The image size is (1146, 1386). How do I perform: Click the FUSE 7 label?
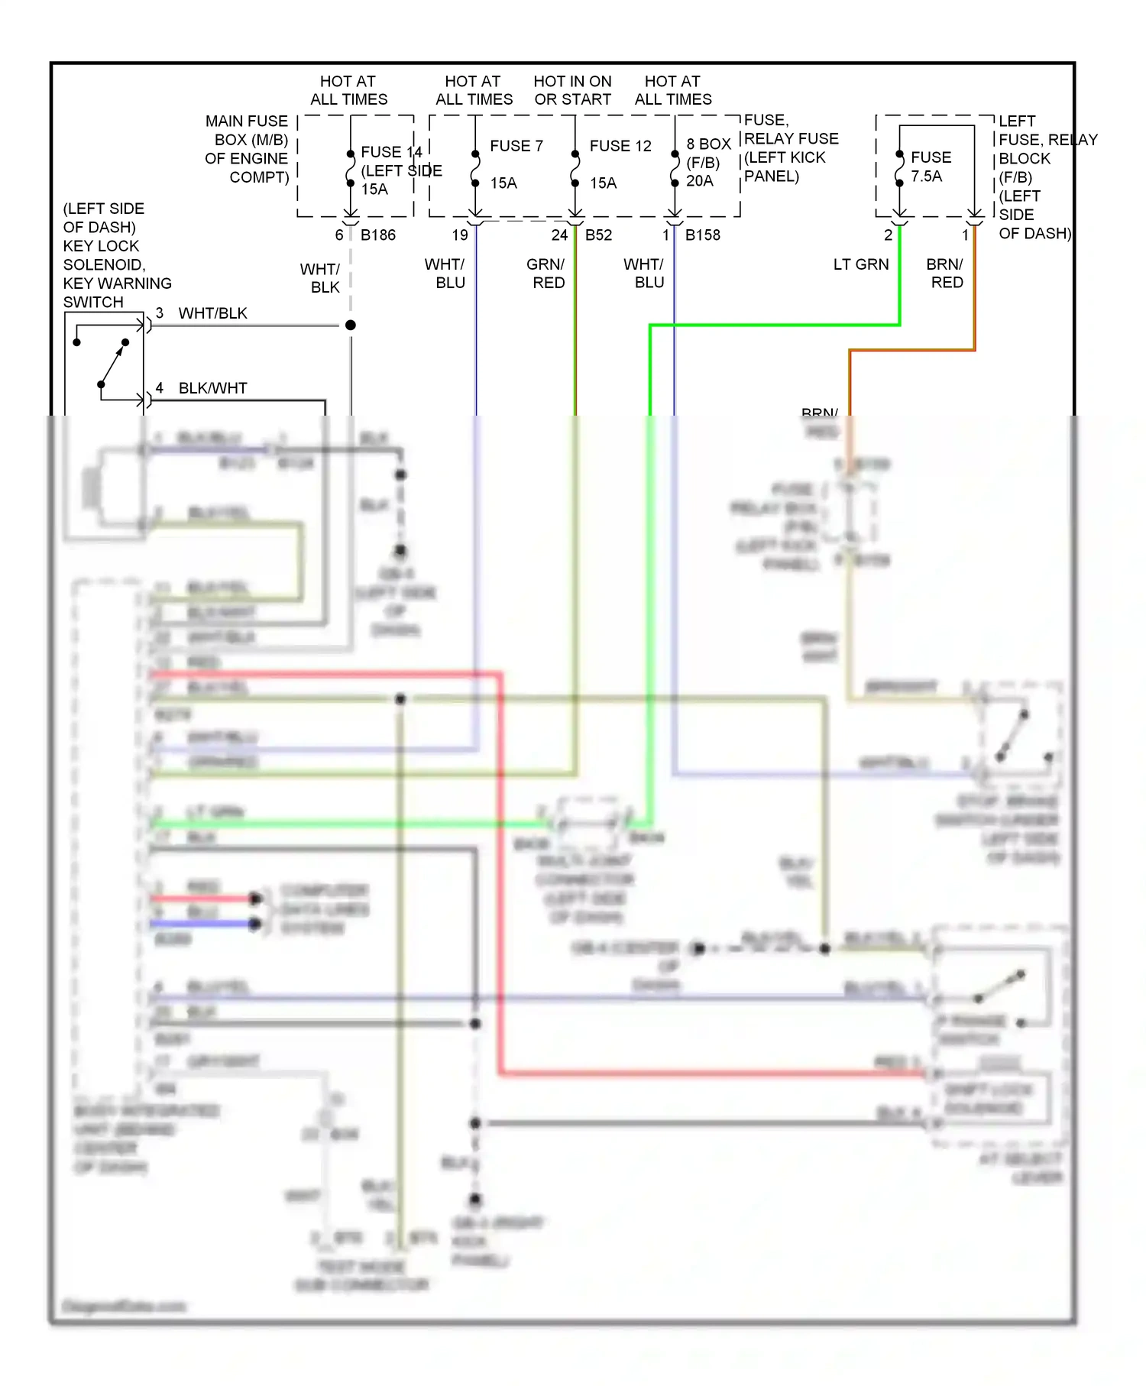coord(516,146)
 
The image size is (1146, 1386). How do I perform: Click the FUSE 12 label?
coord(620,146)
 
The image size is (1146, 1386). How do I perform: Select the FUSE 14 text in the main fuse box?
coord(391,152)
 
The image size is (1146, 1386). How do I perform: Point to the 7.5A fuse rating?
coord(926,176)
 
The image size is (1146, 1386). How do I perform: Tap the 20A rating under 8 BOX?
coord(699,181)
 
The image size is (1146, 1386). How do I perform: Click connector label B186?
coord(378,235)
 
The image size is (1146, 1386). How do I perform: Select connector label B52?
coord(598,235)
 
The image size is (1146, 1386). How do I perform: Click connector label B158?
coord(702,235)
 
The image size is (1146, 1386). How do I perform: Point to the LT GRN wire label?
coord(861,264)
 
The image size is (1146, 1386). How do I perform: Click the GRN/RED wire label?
coord(546,274)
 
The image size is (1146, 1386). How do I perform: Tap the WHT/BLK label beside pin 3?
coord(212,313)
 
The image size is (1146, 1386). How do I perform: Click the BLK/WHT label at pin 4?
coord(212,388)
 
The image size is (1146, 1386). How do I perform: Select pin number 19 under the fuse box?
coord(460,235)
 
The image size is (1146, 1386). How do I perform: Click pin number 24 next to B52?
coord(559,235)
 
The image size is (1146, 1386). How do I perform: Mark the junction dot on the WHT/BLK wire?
coord(351,325)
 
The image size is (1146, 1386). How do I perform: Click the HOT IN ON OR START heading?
coord(572,90)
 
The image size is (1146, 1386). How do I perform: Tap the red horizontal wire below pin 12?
coord(321,675)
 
